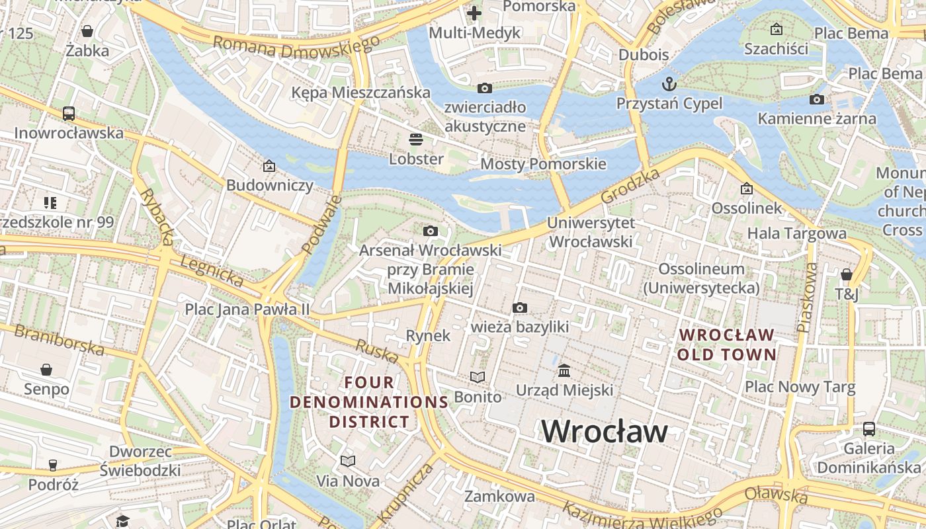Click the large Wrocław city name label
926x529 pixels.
605,432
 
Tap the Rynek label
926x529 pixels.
428,335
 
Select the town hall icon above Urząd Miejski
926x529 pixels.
564,371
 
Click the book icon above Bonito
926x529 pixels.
478,377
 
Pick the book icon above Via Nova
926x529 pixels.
348,461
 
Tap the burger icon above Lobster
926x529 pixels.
416,140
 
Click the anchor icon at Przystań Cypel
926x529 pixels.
669,84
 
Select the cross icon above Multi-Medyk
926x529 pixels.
474,13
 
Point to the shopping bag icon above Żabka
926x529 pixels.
87,31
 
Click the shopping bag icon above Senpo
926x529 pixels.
46,369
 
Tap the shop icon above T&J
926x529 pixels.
846,274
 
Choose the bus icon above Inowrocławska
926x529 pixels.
69,113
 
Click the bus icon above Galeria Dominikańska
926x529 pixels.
869,429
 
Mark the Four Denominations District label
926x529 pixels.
369,402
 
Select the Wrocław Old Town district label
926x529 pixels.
727,345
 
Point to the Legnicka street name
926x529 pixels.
211,271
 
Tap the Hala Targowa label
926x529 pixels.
796,233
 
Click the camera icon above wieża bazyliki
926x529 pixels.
520,307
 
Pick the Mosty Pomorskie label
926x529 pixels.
543,163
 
